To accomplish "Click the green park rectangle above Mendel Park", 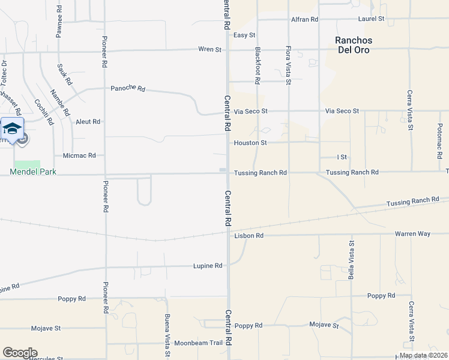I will [27, 164].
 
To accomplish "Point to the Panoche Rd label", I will [128, 89].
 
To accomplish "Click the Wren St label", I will [210, 49].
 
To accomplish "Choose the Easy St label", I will [244, 35].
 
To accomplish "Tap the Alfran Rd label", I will [304, 19].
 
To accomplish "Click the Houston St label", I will [250, 143].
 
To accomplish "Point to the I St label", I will [342, 157].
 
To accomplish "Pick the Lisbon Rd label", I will [249, 236].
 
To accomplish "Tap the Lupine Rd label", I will [208, 265].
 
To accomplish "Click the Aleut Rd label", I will [88, 121].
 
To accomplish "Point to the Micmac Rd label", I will [79, 155].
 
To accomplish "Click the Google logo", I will [20, 353].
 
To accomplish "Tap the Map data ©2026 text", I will [423, 355].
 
